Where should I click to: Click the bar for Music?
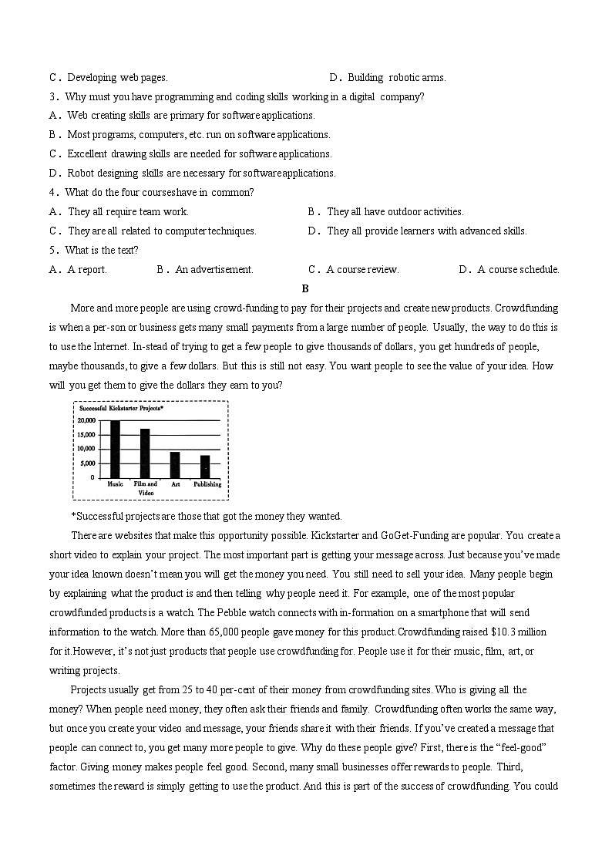click(x=115, y=450)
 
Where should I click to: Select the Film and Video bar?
click(x=145, y=453)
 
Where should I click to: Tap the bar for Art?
click(x=175, y=465)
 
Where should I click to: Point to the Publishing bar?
click(x=205, y=467)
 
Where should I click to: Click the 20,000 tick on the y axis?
click(x=86, y=421)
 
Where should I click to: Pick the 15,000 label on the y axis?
click(x=86, y=435)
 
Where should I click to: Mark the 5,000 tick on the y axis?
click(x=88, y=463)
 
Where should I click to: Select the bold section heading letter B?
click(x=305, y=289)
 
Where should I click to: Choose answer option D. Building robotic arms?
click(x=388, y=77)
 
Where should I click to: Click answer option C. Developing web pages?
click(x=109, y=77)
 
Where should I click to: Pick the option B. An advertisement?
click(x=205, y=270)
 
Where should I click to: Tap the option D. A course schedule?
click(x=509, y=270)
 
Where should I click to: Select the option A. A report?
click(x=78, y=270)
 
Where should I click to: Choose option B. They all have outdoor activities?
click(x=385, y=211)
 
